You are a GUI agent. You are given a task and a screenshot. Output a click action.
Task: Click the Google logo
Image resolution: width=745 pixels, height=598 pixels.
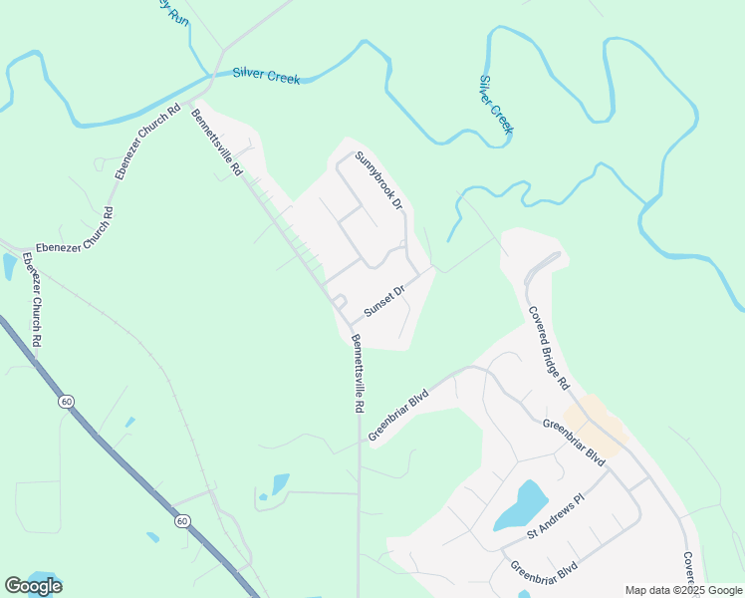coord(33,586)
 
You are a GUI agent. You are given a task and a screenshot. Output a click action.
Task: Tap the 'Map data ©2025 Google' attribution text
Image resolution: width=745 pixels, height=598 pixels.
coord(684,590)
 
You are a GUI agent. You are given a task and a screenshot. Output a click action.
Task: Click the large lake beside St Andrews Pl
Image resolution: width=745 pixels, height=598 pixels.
coord(520,505)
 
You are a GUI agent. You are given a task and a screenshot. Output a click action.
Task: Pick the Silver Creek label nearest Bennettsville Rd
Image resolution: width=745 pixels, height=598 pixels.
coord(267,74)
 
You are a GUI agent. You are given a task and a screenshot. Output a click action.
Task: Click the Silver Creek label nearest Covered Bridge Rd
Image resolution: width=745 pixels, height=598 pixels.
coord(496,104)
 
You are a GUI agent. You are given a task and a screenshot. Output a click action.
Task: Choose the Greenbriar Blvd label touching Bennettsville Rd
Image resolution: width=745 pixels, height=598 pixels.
coord(397,414)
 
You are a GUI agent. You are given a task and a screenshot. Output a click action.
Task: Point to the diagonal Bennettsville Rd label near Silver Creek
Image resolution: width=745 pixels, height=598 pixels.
coord(217,142)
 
